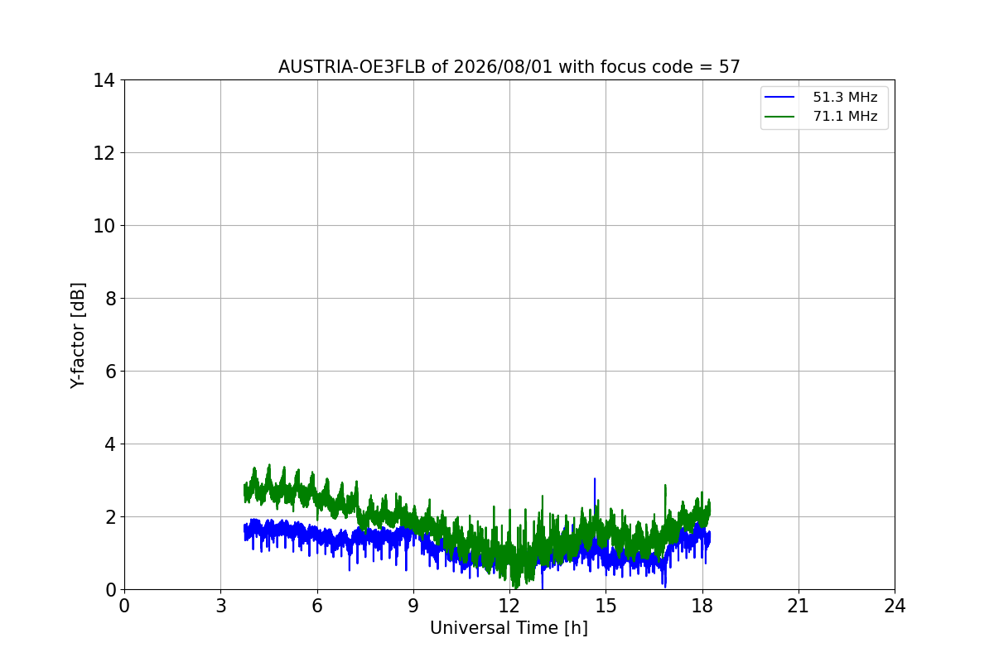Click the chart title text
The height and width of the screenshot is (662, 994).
click(x=509, y=67)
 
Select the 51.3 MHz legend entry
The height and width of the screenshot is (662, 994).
click(x=821, y=97)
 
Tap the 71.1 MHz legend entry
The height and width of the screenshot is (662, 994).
click(x=821, y=116)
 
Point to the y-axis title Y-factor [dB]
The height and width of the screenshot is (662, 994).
click(x=78, y=336)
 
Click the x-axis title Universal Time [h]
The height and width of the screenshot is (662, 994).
click(x=509, y=628)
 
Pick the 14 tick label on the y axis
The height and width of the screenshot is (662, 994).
click(x=104, y=81)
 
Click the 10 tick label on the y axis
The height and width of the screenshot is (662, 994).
click(x=104, y=226)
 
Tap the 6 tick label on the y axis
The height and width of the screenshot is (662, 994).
click(x=110, y=372)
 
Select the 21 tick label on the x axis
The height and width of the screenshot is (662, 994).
click(x=799, y=606)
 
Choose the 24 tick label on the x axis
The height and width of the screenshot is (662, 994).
click(x=895, y=606)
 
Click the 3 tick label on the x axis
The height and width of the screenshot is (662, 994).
click(x=221, y=606)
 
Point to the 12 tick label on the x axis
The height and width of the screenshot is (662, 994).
click(x=509, y=606)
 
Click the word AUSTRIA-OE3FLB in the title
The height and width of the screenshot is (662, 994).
click(x=352, y=67)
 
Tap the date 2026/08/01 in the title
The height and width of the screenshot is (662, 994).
click(x=504, y=67)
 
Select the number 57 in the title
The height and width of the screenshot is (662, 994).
click(x=730, y=67)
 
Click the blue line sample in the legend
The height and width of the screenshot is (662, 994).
click(x=779, y=97)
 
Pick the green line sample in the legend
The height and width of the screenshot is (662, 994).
click(x=779, y=117)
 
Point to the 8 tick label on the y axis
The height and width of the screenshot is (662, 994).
click(x=110, y=299)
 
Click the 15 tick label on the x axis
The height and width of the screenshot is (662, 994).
click(x=606, y=606)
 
